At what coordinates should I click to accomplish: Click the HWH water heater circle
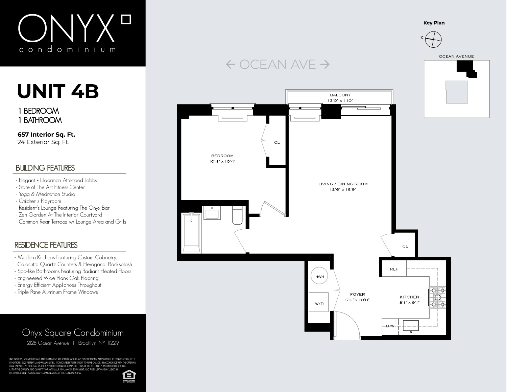(x=319, y=277)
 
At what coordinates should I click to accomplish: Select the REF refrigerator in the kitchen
(x=394, y=269)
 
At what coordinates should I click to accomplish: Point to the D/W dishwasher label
(x=390, y=326)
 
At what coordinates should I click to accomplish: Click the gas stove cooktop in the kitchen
(x=438, y=297)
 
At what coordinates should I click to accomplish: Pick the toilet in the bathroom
(x=237, y=215)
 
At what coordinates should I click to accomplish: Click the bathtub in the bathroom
(x=191, y=232)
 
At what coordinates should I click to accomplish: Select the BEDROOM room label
(x=222, y=156)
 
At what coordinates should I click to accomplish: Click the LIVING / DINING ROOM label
(x=343, y=184)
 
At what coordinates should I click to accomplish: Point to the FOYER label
(x=357, y=294)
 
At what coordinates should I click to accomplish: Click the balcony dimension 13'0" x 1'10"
(x=340, y=100)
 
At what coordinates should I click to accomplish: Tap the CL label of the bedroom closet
(x=277, y=143)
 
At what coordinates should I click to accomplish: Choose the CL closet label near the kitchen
(x=405, y=246)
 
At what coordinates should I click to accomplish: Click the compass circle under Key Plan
(x=433, y=39)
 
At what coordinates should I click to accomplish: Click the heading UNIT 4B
(x=58, y=91)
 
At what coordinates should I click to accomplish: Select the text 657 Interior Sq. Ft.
(x=46, y=135)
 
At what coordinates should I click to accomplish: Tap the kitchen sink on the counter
(x=411, y=326)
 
